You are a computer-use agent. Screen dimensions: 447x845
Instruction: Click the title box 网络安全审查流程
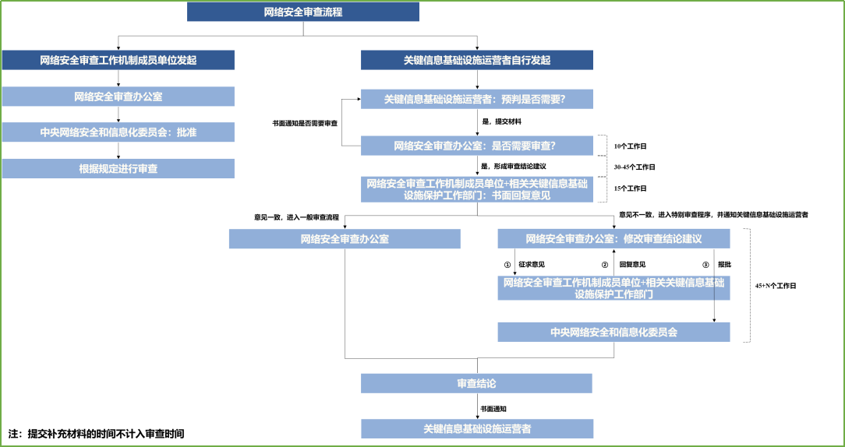[303, 12]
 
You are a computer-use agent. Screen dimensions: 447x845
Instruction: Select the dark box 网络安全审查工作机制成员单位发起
[118, 60]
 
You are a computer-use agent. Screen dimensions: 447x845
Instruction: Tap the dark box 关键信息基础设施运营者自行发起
[476, 60]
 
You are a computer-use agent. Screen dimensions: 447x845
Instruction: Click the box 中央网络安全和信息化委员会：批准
[118, 132]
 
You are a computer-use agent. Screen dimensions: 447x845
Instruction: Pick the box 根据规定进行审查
[118, 168]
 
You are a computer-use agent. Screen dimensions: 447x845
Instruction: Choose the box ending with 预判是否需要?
[476, 99]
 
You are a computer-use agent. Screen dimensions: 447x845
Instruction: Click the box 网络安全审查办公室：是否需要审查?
[476, 145]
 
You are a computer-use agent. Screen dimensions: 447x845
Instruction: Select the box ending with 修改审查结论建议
[613, 238]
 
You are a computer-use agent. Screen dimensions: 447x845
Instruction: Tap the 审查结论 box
[476, 383]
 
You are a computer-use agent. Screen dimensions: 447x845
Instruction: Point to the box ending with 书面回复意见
[476, 189]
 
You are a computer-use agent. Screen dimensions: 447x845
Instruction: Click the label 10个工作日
[631, 146]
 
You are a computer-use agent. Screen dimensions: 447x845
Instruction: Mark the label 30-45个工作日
[635, 167]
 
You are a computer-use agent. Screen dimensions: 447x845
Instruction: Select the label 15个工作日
[631, 188]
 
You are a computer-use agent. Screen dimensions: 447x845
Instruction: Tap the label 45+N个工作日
[776, 286]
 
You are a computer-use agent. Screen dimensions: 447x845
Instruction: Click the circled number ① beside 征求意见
[507, 264]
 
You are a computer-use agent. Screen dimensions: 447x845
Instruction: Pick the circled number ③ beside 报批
[706, 264]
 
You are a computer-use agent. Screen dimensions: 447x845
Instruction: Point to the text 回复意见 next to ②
[631, 264]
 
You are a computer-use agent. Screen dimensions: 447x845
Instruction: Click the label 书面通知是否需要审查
[305, 123]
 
